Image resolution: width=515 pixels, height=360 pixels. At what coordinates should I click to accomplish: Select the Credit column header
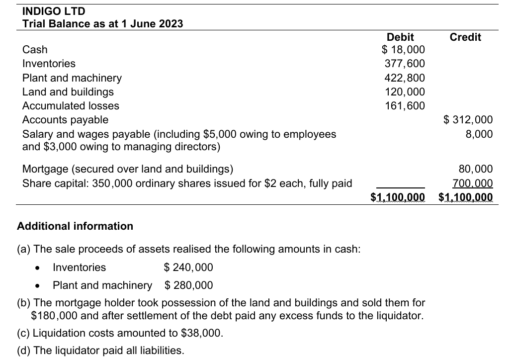pyautogui.click(x=465, y=37)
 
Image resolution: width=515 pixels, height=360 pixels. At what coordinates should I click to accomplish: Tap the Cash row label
pyautogui.click(x=35, y=49)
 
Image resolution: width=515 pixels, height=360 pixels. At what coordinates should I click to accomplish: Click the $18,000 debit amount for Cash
pyautogui.click(x=403, y=49)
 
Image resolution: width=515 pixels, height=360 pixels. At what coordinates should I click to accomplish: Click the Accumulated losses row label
pyautogui.click(x=71, y=105)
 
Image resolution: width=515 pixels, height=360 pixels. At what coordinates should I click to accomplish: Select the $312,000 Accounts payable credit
pyautogui.click(x=468, y=119)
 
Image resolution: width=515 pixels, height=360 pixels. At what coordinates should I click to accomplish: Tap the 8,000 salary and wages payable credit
pyautogui.click(x=480, y=134)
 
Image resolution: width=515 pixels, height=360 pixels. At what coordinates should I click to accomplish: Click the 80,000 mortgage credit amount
pyautogui.click(x=477, y=169)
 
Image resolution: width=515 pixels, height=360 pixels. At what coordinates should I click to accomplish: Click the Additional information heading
pyautogui.click(x=75, y=226)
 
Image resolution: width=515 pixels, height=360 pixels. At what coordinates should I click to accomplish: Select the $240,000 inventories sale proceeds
pyautogui.click(x=188, y=268)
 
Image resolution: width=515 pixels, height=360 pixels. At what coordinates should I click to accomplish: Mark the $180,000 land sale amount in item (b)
pyautogui.click(x=53, y=315)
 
